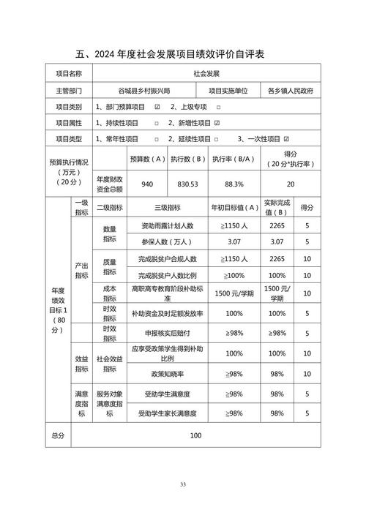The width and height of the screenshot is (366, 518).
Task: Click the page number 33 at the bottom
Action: click(x=183, y=484)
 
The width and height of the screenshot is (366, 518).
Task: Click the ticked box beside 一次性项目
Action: click(x=286, y=139)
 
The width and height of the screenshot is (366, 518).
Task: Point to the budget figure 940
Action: click(x=146, y=185)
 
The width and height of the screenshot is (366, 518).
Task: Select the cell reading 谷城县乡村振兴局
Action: click(x=143, y=91)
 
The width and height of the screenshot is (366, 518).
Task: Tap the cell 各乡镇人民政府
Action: click(x=289, y=91)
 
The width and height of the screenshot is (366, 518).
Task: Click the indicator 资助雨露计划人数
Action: click(x=167, y=227)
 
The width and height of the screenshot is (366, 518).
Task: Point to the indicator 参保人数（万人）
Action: click(x=167, y=242)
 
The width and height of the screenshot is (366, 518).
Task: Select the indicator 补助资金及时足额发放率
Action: click(x=167, y=313)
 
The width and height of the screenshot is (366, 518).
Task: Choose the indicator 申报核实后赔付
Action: click(x=167, y=334)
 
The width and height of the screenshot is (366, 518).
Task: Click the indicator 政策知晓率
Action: click(x=167, y=374)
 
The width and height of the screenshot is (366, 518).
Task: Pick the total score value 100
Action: click(x=195, y=436)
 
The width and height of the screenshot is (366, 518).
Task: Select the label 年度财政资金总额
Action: click(x=110, y=184)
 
